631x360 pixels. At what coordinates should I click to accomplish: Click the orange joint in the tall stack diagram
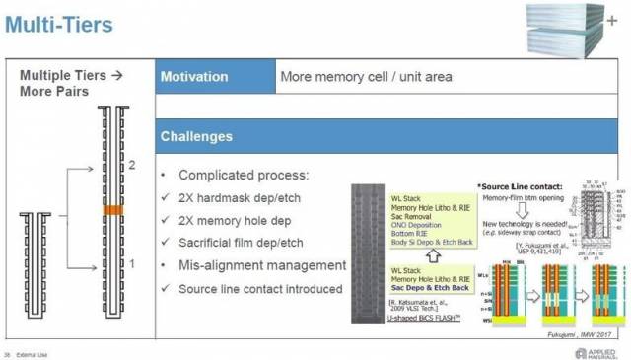(x=112, y=210)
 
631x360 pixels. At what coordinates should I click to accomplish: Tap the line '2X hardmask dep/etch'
(x=241, y=197)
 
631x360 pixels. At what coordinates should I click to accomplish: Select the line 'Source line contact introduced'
(x=260, y=288)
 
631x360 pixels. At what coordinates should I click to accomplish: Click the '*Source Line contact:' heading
(x=521, y=185)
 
